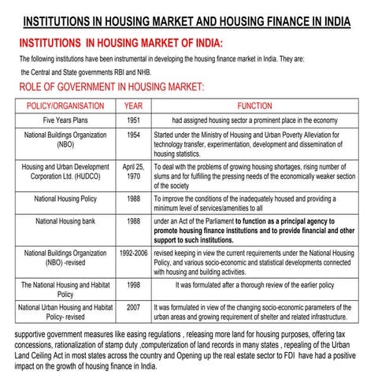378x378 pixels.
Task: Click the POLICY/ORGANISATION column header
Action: point(65,106)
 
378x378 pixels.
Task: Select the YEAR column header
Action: point(133,106)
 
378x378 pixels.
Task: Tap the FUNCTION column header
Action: point(254,106)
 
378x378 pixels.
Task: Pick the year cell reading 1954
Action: point(133,135)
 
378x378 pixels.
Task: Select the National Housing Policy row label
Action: point(65,199)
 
